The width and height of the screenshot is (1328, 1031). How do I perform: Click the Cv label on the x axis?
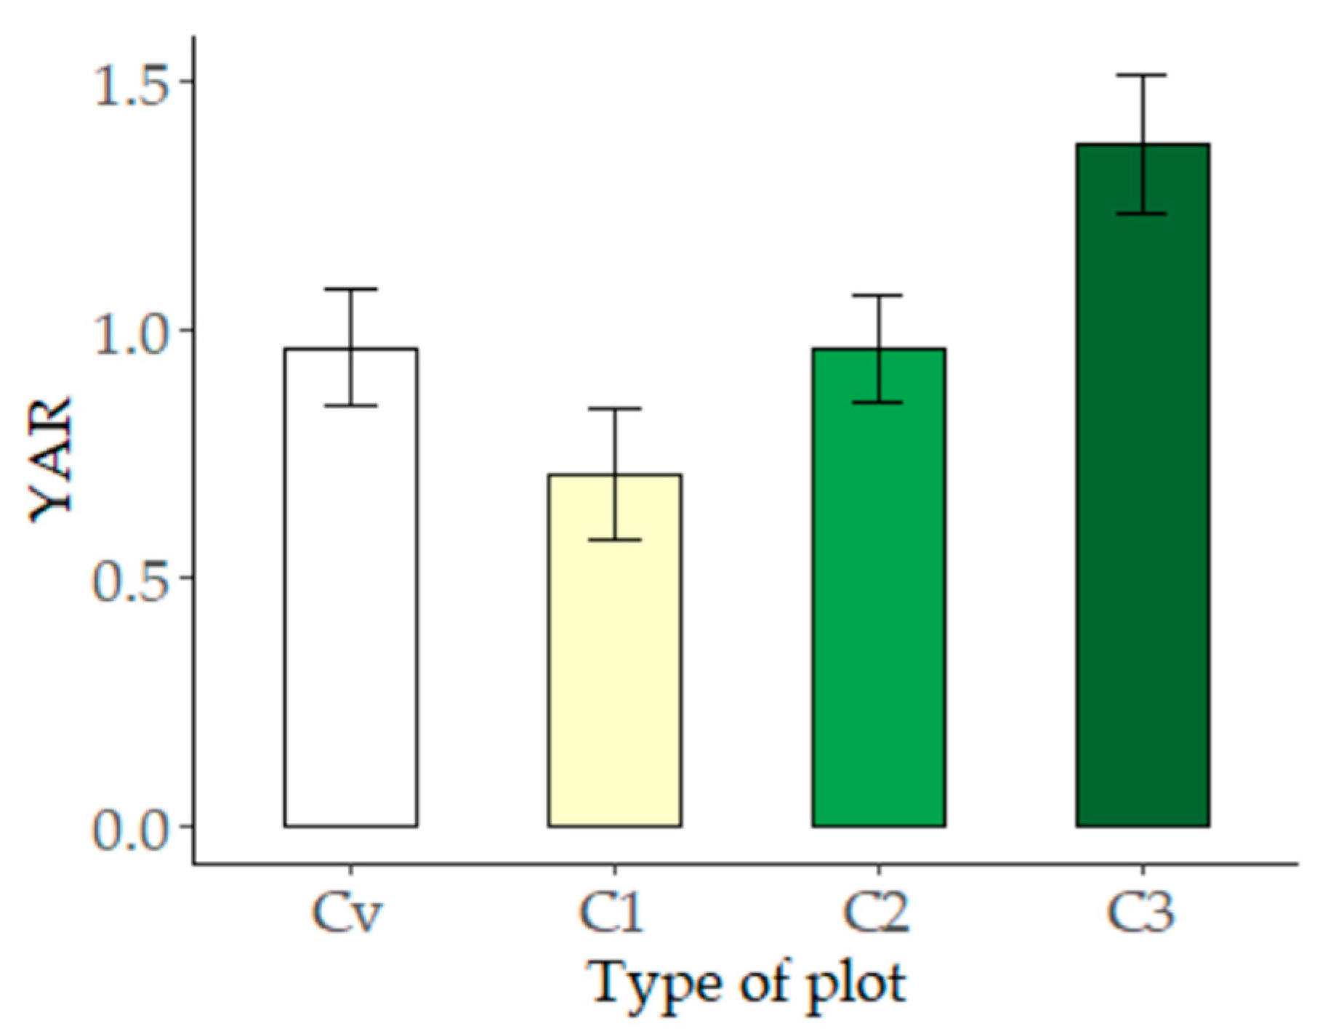(347, 913)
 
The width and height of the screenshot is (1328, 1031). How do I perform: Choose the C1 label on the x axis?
(611, 913)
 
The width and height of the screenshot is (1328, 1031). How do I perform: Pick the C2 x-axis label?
(876, 913)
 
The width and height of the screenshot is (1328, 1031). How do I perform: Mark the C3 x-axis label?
(1140, 913)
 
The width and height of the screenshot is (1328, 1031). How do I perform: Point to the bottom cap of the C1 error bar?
(614, 540)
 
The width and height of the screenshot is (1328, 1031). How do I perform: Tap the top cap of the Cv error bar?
(350, 289)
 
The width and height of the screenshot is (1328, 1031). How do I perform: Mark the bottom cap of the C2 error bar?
(878, 402)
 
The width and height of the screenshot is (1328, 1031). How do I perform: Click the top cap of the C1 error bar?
(614, 409)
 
